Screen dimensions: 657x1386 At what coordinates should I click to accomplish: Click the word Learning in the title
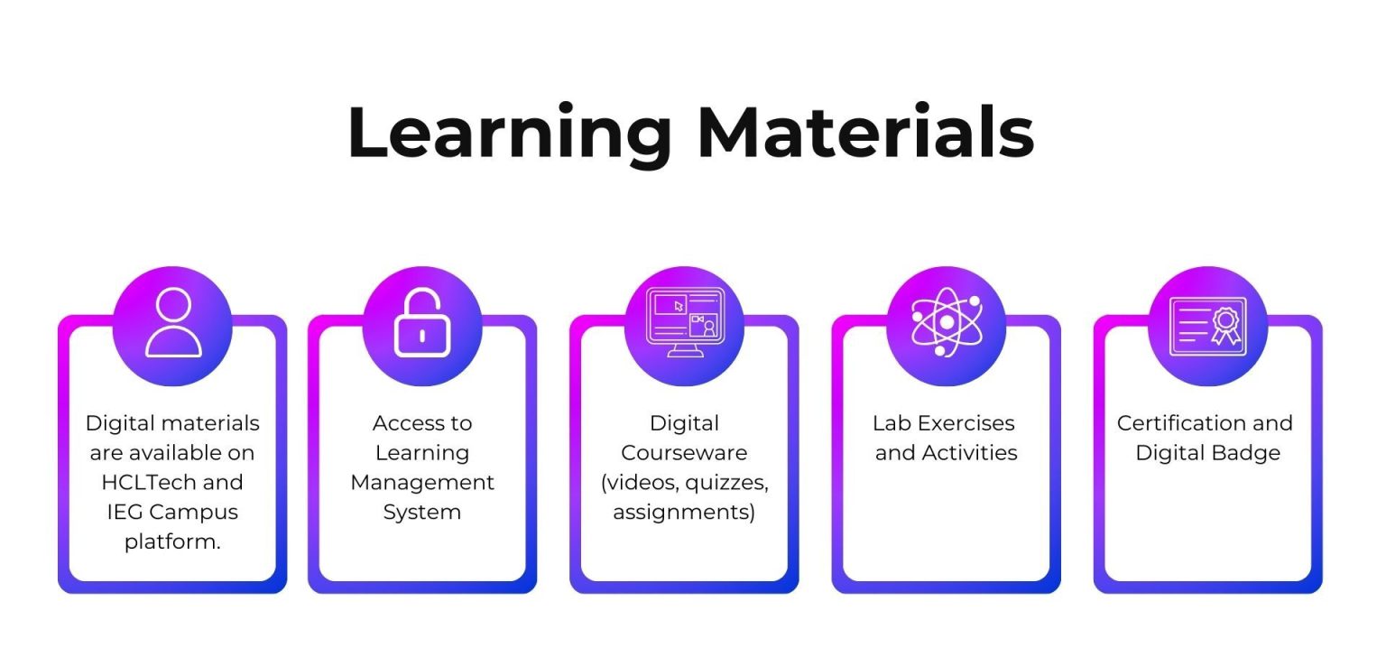coord(509,134)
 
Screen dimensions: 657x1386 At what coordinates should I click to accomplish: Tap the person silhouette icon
coord(173,323)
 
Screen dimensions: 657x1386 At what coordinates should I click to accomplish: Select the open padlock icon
coord(421,323)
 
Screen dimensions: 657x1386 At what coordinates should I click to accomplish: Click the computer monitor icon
coord(684,322)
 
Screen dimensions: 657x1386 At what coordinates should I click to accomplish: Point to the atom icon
coord(946,322)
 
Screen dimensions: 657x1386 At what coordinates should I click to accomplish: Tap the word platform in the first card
coord(172,541)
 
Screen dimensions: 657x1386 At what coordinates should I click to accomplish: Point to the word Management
coord(422,482)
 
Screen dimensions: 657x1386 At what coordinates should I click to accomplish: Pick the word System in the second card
coord(421,512)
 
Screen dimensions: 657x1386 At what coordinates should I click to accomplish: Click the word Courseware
coord(684,452)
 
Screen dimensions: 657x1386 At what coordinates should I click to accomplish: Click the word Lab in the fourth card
coord(891,423)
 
